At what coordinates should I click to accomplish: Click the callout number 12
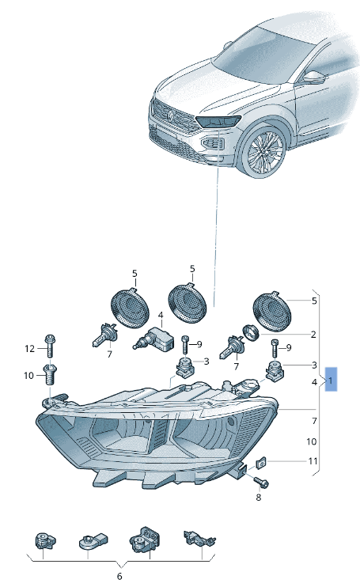pyautogui.click(x=29, y=348)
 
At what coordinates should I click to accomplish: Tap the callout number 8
pyautogui.click(x=258, y=497)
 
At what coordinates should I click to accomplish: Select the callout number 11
pyautogui.click(x=313, y=461)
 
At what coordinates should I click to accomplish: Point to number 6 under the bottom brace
pyautogui.click(x=120, y=575)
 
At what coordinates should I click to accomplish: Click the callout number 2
pyautogui.click(x=313, y=334)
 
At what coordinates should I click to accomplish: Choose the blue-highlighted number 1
pyautogui.click(x=331, y=381)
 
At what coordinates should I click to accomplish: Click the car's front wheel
pyautogui.click(x=265, y=153)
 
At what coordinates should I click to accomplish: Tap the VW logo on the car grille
pyautogui.click(x=169, y=116)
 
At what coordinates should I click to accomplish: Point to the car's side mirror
pyautogui.click(x=315, y=78)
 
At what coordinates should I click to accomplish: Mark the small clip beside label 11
pyautogui.click(x=263, y=462)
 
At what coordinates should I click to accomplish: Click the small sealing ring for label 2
pyautogui.click(x=251, y=331)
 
